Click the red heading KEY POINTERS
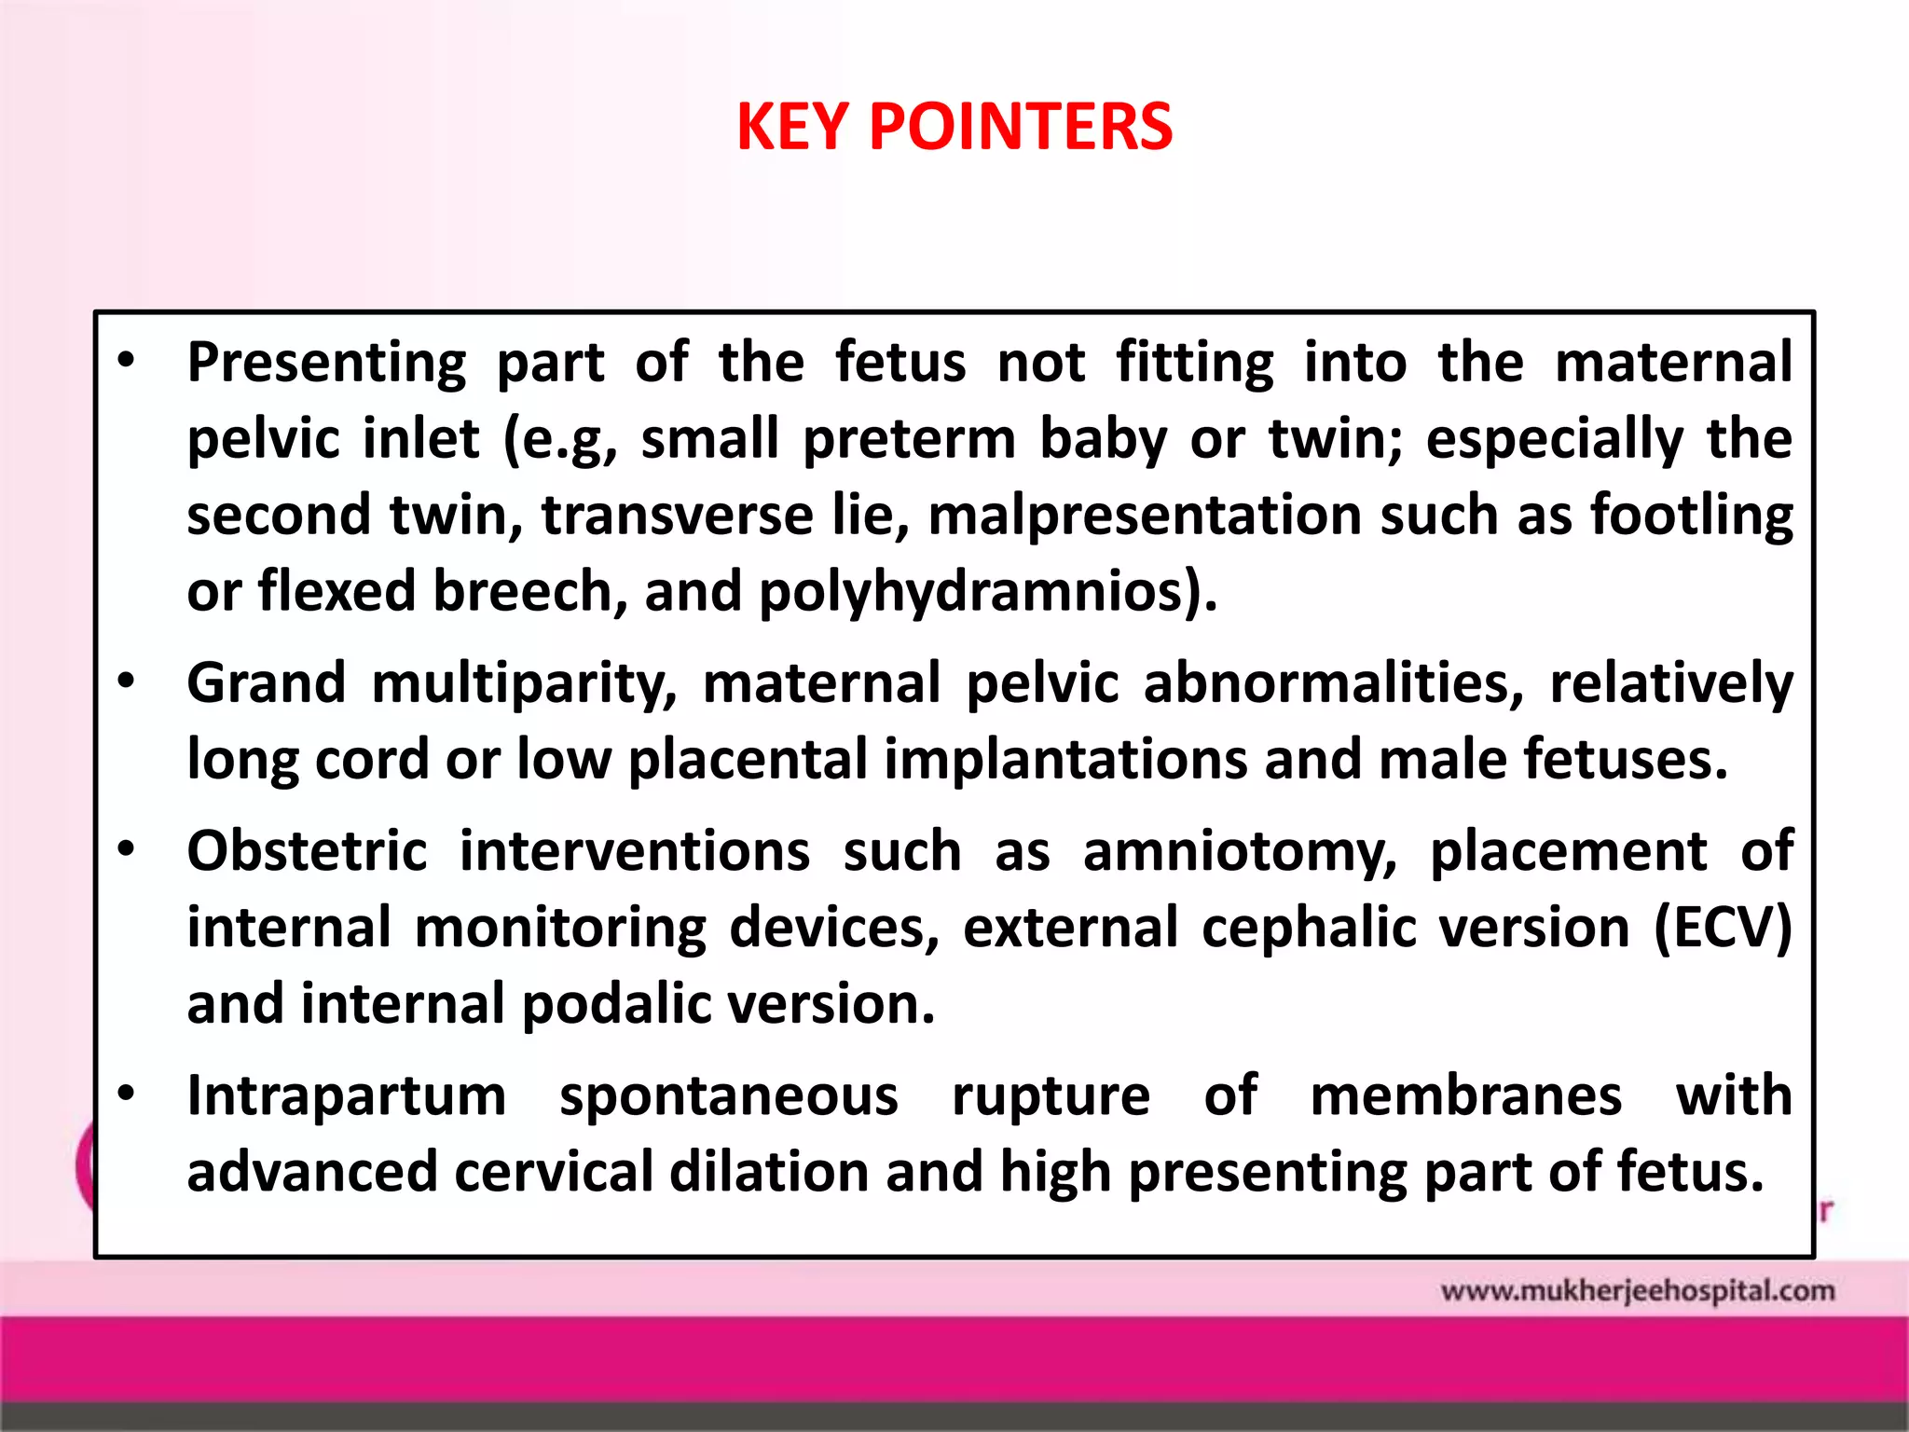[x=954, y=127]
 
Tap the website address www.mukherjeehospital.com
[x=1637, y=1291]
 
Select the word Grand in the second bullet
[x=267, y=683]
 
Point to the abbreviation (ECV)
[x=1723, y=929]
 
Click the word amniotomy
[x=1240, y=852]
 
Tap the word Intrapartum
[x=347, y=1096]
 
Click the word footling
[x=1691, y=516]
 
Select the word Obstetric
[x=308, y=852]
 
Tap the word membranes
[x=1466, y=1096]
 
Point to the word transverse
[x=677, y=516]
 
